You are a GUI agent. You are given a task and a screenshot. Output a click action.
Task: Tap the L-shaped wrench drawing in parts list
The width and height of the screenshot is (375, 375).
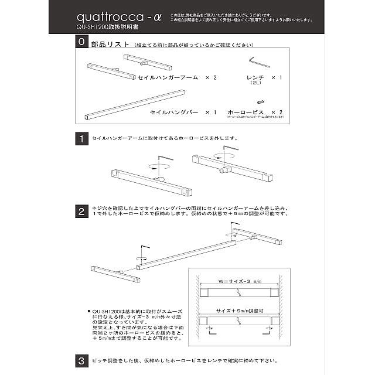[x=256, y=62]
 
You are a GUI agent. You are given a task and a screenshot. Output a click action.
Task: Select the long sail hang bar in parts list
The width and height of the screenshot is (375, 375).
[x=135, y=105]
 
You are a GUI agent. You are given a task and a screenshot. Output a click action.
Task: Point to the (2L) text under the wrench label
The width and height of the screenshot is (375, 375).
[x=256, y=84]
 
